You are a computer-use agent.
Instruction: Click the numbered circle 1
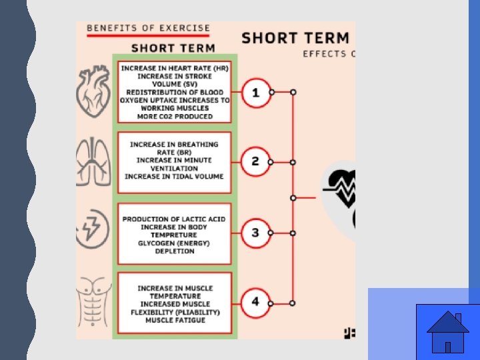click(255, 92)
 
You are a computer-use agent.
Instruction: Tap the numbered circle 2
click(255, 162)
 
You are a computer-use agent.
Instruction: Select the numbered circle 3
click(255, 233)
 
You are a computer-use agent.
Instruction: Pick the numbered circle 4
click(255, 301)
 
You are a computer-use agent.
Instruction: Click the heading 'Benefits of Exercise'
click(149, 28)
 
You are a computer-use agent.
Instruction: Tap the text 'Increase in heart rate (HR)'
click(175, 68)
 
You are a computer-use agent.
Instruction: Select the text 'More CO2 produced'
click(175, 116)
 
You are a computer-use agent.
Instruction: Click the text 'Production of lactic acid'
click(174, 219)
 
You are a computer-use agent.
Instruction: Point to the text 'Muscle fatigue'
click(175, 320)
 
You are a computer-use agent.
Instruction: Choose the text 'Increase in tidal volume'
click(174, 176)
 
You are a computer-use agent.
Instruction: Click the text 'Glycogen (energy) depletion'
click(174, 247)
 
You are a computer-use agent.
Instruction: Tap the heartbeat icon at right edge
click(341, 189)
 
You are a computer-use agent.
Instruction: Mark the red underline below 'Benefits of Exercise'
click(149, 37)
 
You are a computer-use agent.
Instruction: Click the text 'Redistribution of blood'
click(175, 92)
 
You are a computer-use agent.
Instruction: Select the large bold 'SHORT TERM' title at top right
click(295, 38)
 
